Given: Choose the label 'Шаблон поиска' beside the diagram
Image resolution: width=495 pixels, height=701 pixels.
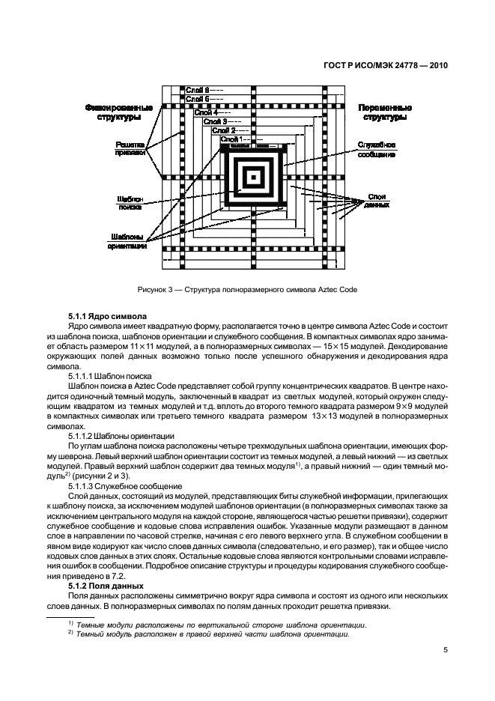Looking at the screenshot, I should (129, 204).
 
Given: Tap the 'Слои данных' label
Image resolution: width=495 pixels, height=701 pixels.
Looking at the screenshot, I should (377, 200).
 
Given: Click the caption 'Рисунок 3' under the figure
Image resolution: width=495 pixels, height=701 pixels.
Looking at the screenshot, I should (247, 289).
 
